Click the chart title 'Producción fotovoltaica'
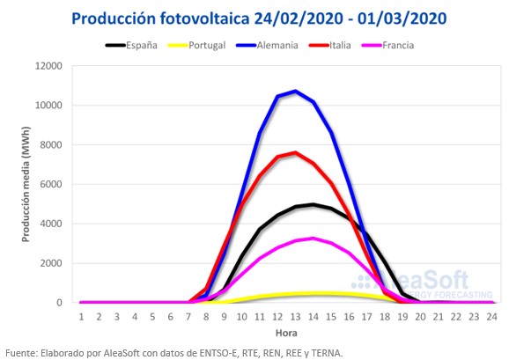160,18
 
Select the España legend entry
131,45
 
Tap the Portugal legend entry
196,45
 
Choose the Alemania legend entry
267,45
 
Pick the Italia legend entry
329,45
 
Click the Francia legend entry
387,45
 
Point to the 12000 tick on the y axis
48,66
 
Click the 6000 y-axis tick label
51,184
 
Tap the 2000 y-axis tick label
51,263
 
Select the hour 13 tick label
295,317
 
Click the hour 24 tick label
491,317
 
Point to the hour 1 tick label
81,317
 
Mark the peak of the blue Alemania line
295,92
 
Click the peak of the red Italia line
295,152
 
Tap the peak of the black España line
314,205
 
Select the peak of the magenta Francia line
314,239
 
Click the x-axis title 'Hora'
286,333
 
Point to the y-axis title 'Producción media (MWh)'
26,184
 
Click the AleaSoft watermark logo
422,283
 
